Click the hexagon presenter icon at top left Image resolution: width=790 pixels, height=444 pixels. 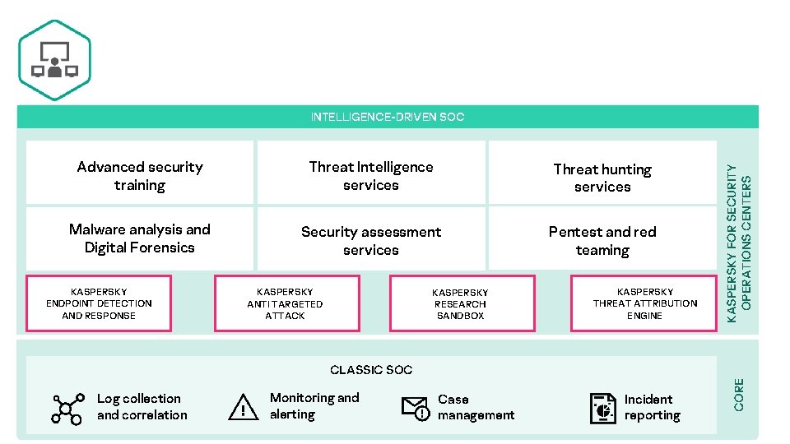pos(54,61)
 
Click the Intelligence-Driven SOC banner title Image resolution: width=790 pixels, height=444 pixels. pos(387,117)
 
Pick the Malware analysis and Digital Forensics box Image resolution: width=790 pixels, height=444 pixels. pos(140,238)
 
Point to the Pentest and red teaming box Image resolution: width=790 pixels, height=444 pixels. pos(602,239)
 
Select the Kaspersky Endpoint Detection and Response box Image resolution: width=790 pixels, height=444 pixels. pos(99,303)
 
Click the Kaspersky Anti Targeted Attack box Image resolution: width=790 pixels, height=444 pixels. pos(286,303)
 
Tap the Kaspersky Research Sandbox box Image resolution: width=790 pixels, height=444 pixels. pos(460,303)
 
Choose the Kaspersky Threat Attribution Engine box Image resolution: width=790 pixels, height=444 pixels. pos(644,303)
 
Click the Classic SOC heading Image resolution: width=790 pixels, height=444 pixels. pos(371,370)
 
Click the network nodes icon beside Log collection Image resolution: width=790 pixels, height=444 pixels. pos(67,408)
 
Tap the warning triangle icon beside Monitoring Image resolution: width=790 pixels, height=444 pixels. pos(244,407)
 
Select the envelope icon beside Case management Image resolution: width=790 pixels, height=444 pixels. pos(416,408)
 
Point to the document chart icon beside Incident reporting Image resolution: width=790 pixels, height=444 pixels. pos(603,408)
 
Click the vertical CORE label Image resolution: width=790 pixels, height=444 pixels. pos(739,395)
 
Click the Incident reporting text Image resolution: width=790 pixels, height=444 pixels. pos(652,407)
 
